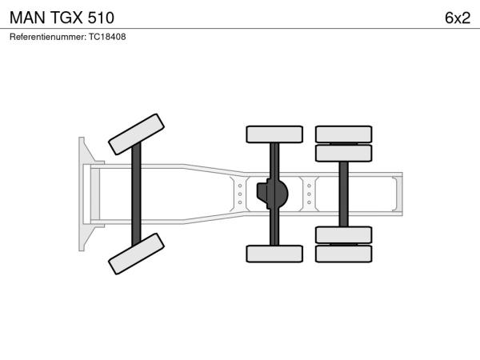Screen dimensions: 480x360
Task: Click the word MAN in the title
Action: coord(27,18)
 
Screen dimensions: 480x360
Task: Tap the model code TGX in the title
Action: coord(66,18)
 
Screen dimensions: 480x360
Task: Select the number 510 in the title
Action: coord(101,18)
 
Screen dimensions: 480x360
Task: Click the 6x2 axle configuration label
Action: coord(458,18)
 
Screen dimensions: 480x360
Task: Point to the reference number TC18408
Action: coord(107,37)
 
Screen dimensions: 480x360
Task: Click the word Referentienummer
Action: coord(48,37)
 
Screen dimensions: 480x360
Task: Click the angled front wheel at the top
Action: coord(136,134)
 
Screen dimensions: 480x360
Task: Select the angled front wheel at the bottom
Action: coord(136,254)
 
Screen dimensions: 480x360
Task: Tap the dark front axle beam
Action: coord(136,194)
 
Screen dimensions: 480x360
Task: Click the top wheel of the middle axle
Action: coord(274,134)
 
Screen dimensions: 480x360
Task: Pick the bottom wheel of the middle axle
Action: coord(274,254)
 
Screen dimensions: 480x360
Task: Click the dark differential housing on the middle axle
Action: coord(273,194)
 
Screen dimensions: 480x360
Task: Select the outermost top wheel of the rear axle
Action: coord(344,134)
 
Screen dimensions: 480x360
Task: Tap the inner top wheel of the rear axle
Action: coord(344,153)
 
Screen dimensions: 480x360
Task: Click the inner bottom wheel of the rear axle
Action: coord(344,234)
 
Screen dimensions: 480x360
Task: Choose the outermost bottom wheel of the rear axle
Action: coord(344,254)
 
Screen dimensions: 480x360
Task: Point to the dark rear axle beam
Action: coord(343,194)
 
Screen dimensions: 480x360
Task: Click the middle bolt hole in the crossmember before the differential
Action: coord(240,194)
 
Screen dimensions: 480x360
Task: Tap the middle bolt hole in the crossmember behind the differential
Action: coord(309,194)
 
